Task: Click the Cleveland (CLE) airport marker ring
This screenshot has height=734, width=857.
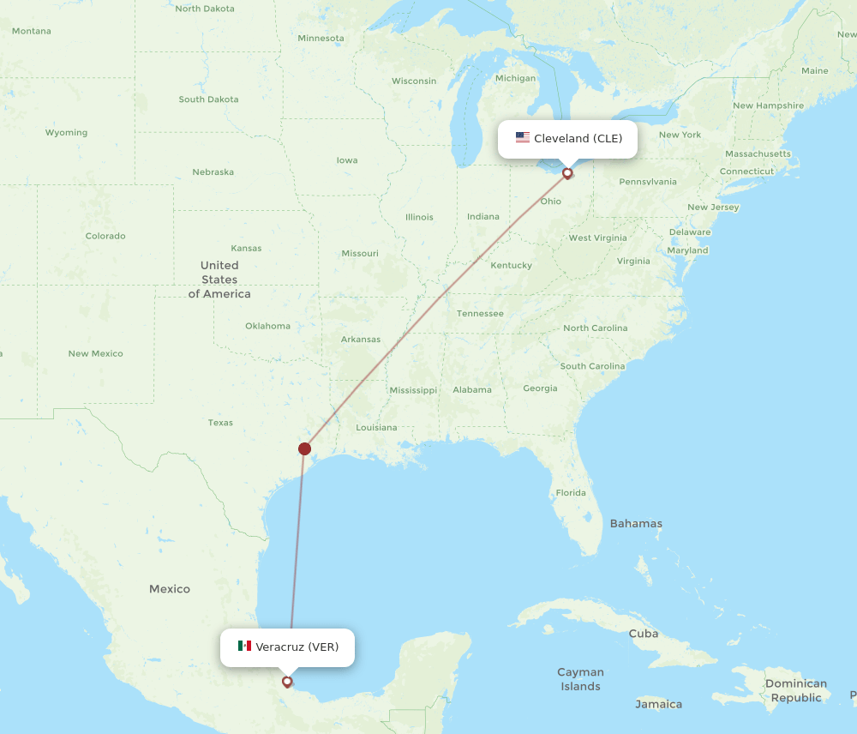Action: [567, 173]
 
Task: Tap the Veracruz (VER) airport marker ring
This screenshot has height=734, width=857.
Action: [287, 683]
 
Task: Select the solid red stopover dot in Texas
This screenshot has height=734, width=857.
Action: [304, 448]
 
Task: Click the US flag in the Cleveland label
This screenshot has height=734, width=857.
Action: [523, 138]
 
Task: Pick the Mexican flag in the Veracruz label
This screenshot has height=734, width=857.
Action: [244, 647]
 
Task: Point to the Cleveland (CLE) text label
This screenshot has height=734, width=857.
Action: [578, 138]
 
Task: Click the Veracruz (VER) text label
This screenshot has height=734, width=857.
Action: [297, 647]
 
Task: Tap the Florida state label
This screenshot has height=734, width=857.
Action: [571, 493]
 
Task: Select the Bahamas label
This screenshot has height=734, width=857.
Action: [636, 523]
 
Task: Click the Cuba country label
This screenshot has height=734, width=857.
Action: [644, 634]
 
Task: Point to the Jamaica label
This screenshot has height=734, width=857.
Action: [659, 704]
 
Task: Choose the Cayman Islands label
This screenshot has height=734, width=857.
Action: [580, 679]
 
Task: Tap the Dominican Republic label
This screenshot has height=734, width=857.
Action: [796, 690]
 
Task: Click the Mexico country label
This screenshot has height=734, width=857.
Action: [170, 589]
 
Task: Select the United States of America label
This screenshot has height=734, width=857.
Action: [219, 280]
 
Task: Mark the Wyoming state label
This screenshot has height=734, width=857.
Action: [66, 133]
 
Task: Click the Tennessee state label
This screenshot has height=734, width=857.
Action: [480, 314]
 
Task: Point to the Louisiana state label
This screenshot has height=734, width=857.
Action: [376, 427]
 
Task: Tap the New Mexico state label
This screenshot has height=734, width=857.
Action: [96, 353]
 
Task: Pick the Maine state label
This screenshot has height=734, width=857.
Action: [815, 71]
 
